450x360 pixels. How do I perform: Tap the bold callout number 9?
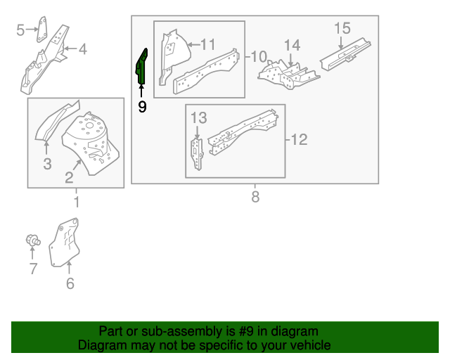(x=142, y=107)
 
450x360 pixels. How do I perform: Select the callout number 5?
(x=20, y=29)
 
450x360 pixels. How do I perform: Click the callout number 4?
(x=82, y=49)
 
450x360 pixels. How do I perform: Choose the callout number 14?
(x=292, y=46)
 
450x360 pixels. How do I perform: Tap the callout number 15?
(x=342, y=28)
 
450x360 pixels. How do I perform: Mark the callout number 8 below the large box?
(x=255, y=198)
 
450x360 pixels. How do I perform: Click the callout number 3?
(x=47, y=165)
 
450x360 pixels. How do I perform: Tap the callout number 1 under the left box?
(x=76, y=203)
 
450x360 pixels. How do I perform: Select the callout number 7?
(x=32, y=268)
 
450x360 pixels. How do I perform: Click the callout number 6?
(x=70, y=283)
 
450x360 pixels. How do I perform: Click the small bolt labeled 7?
(x=32, y=240)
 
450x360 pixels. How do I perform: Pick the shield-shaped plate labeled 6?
(x=65, y=243)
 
